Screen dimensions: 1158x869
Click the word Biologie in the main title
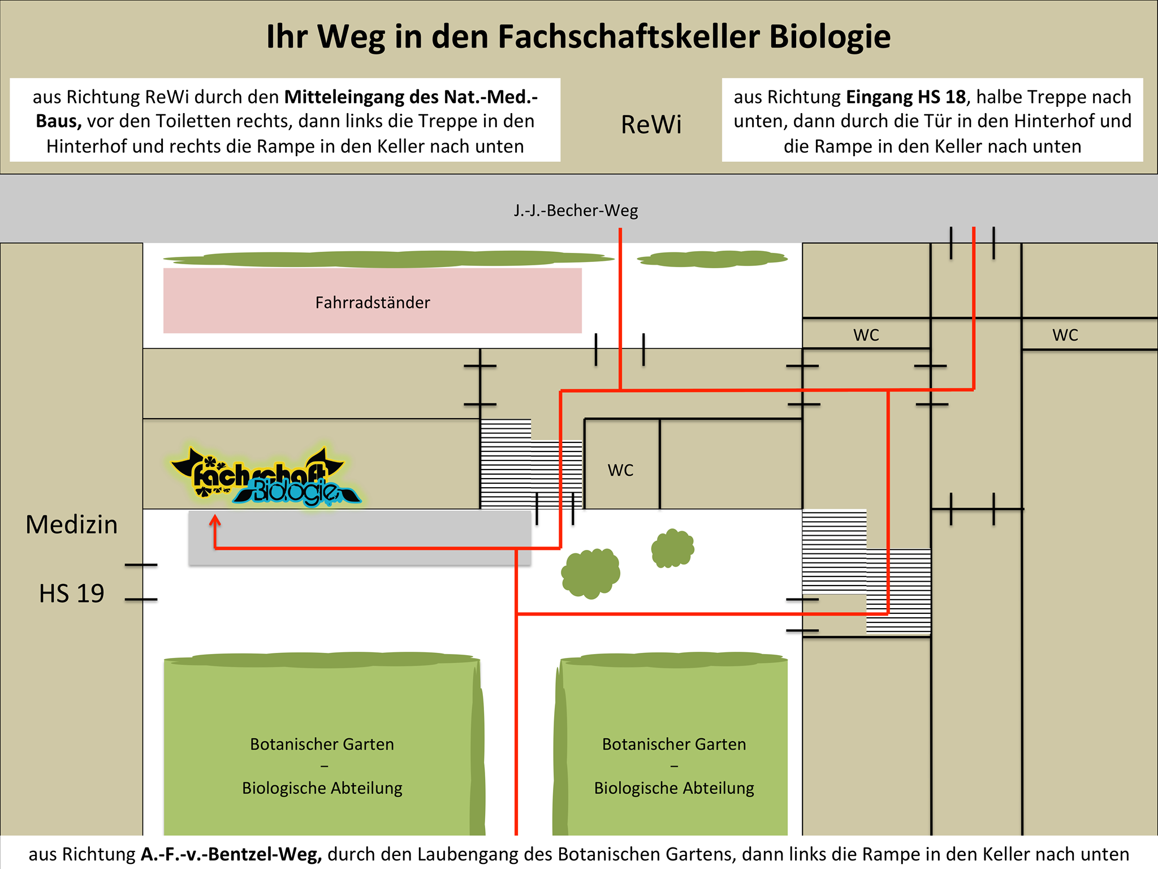pos(829,37)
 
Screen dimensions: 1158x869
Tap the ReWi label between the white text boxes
pos(651,124)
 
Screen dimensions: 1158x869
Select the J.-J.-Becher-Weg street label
pos(576,210)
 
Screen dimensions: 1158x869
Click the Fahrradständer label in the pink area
pos(373,303)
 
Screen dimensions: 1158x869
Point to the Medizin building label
pos(72,524)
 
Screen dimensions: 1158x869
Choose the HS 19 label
pos(72,593)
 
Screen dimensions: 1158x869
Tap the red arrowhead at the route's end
pos(215,521)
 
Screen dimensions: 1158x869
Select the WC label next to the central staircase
pos(620,470)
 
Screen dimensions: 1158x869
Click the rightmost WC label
pos(1065,335)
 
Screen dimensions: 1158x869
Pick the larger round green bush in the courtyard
pos(590,573)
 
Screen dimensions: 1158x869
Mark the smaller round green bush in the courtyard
pos(672,548)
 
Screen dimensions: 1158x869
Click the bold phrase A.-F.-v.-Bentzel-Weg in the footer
pos(231,854)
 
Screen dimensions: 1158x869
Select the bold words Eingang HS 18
pos(906,97)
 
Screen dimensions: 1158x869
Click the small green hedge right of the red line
pos(712,259)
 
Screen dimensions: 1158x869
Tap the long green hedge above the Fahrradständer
pos(389,259)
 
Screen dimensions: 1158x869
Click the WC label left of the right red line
pos(866,335)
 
